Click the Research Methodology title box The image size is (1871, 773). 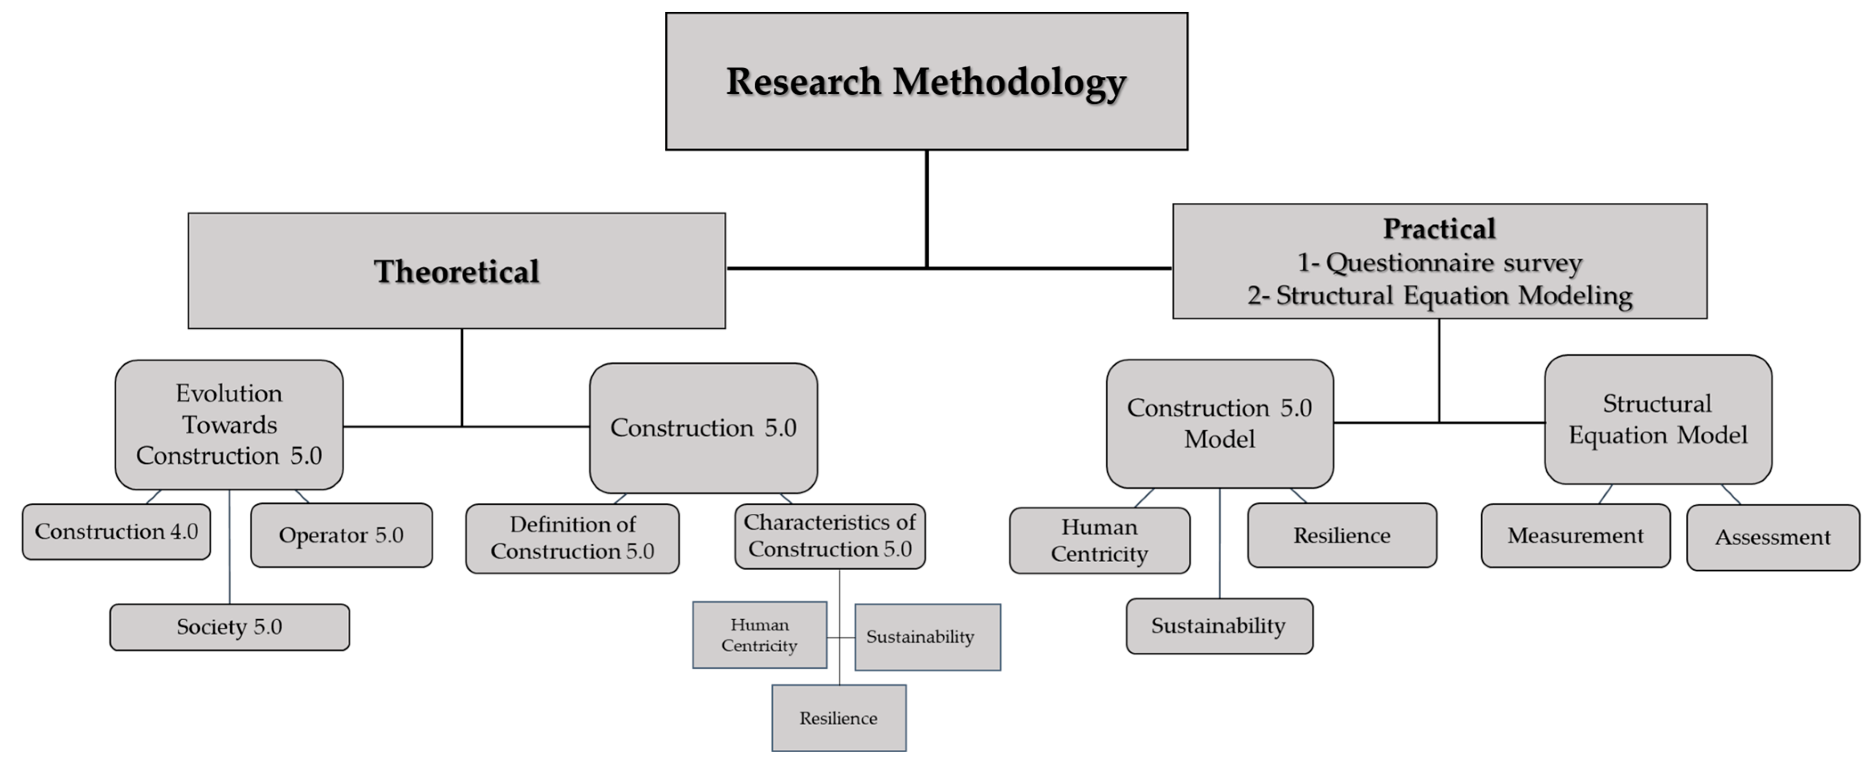tap(926, 82)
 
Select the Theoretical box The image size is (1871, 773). tap(456, 271)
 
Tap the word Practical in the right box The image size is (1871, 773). tap(1439, 229)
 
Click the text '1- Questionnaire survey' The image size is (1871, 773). tap(1439, 262)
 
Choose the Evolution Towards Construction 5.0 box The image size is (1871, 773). tap(229, 424)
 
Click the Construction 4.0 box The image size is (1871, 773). tap(116, 532)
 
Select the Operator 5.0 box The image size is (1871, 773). tap(341, 536)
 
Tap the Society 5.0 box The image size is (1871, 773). tap(229, 627)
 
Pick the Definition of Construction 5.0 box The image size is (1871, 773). tap(572, 538)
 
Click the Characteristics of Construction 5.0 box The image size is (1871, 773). tap(829, 536)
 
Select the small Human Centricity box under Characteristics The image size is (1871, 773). tap(759, 635)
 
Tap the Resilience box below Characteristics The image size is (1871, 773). tap(838, 718)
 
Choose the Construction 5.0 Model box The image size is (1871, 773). tap(1219, 424)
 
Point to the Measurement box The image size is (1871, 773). tap(1575, 536)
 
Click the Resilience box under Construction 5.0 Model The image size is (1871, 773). tap(1341, 536)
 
